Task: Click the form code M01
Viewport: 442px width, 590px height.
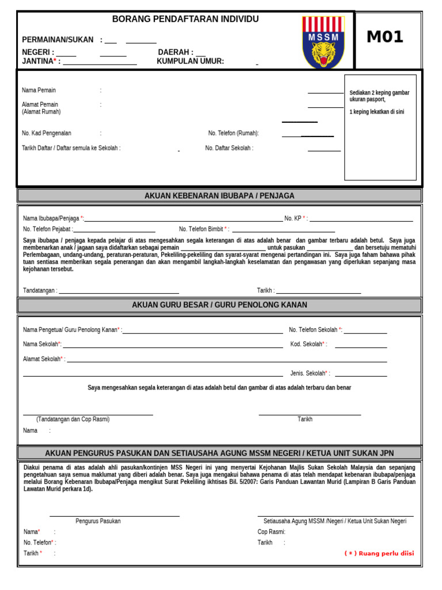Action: pyautogui.click(x=385, y=37)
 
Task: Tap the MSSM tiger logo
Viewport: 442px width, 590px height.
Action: pyautogui.click(x=323, y=42)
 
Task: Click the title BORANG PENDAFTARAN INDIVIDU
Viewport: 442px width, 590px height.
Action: pyautogui.click(x=185, y=20)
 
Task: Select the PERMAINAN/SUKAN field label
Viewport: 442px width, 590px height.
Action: pyautogui.click(x=58, y=40)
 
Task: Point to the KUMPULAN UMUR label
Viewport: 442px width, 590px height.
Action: pyautogui.click(x=190, y=62)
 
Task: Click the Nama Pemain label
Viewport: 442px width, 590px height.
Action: pyautogui.click(x=39, y=90)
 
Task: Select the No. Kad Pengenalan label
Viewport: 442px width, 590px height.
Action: pyautogui.click(x=47, y=133)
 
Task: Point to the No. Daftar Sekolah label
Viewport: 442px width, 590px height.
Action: pyautogui.click(x=229, y=148)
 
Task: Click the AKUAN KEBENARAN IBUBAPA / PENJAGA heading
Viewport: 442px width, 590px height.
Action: pyautogui.click(x=219, y=196)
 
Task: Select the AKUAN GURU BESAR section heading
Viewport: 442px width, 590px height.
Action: pyautogui.click(x=219, y=305)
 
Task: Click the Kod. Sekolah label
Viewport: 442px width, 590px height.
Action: pyautogui.click(x=308, y=345)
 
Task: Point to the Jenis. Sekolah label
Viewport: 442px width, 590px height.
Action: pyautogui.click(x=310, y=373)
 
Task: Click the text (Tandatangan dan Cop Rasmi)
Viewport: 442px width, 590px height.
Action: pyautogui.click(x=73, y=419)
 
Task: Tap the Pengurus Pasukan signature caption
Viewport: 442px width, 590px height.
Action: pyautogui.click(x=98, y=521)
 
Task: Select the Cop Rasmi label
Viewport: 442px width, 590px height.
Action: pyautogui.click(x=272, y=532)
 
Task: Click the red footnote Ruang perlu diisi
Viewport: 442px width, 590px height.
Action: pyautogui.click(x=379, y=554)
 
